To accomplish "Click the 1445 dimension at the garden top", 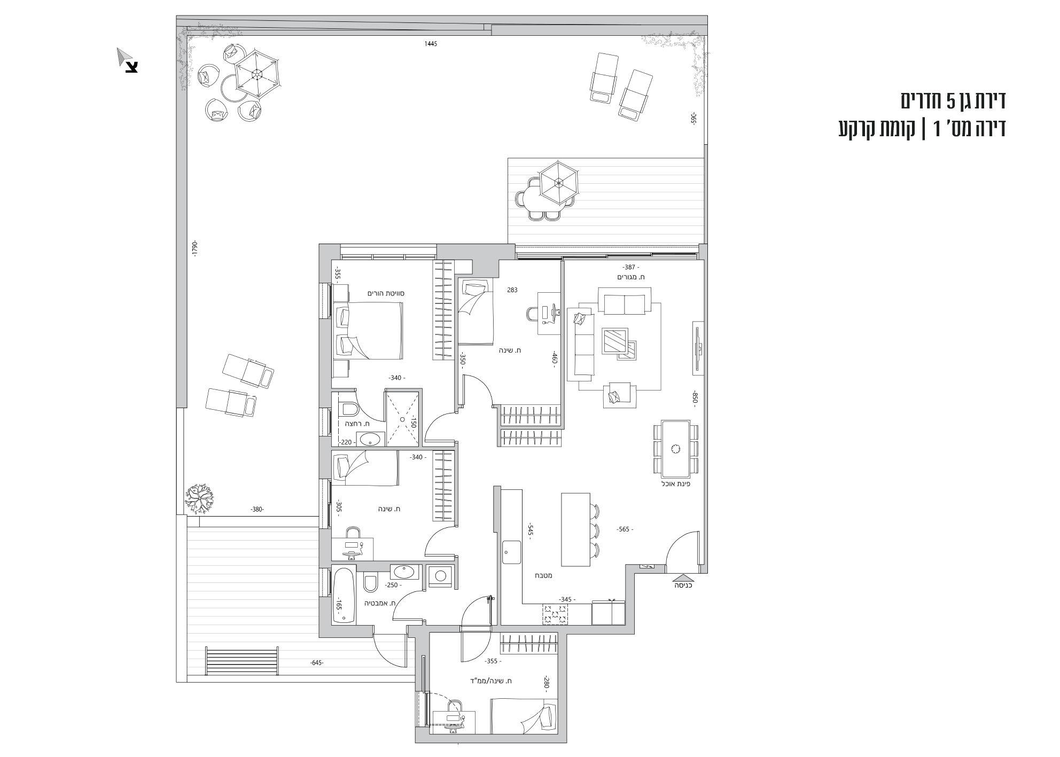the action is pyautogui.click(x=431, y=44).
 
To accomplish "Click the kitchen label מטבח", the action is pyautogui.click(x=543, y=576).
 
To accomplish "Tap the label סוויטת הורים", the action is pyautogui.click(x=384, y=293).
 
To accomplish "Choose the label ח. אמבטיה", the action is pyautogui.click(x=380, y=603).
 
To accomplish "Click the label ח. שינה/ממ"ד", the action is pyautogui.click(x=494, y=681).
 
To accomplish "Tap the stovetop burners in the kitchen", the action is pyautogui.click(x=556, y=614).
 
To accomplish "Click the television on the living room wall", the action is pyautogui.click(x=698, y=348).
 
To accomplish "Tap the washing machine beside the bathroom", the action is pyautogui.click(x=440, y=576).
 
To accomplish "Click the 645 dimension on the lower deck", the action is pyautogui.click(x=317, y=663).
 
